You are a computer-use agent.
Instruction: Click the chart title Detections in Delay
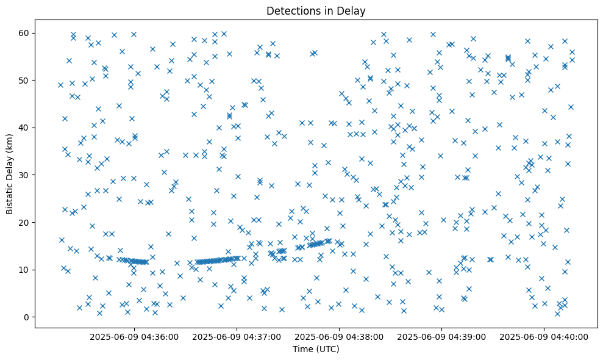click(316, 10)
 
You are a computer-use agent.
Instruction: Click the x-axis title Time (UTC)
click(316, 349)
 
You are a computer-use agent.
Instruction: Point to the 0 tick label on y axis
click(27, 317)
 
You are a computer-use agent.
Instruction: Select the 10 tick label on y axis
click(24, 270)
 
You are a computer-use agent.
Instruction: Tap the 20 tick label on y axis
click(24, 222)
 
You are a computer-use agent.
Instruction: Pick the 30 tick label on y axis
click(24, 175)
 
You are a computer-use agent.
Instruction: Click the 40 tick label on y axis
click(24, 128)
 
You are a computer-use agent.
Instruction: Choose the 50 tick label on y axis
click(24, 80)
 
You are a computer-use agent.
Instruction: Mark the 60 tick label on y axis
click(24, 33)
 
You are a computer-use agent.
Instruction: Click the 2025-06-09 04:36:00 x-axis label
click(135, 337)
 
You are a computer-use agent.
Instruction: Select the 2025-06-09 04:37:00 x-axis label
click(237, 337)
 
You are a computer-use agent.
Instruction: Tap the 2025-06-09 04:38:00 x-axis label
click(340, 337)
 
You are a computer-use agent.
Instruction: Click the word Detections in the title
click(291, 10)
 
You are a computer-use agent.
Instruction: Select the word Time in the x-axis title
click(303, 349)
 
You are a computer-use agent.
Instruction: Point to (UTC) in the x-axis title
click(326, 349)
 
